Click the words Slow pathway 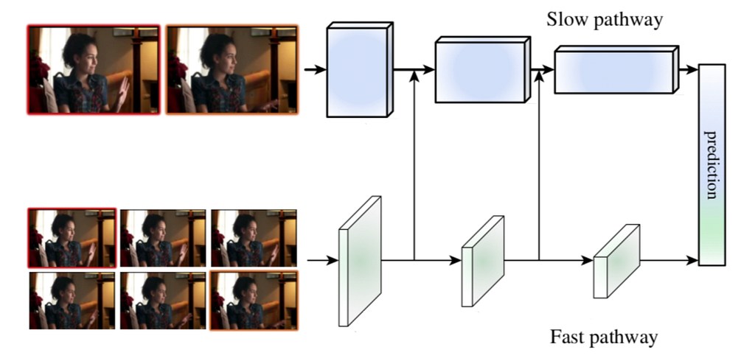[605, 20]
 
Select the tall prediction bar [711, 164]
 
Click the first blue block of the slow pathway [360, 70]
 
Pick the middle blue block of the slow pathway [482, 70]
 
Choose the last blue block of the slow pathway [616, 70]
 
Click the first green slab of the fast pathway [360, 261]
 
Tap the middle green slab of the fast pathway [482, 261]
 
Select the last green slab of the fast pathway [616, 261]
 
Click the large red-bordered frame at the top [94, 70]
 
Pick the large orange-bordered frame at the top [232, 70]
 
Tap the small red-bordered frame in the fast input [72, 238]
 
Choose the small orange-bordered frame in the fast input [254, 300]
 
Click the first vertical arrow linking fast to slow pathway [414, 165]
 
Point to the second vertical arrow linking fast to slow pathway [539, 165]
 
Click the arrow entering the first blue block [316, 70]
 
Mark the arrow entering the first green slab [323, 261]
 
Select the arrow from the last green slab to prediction [669, 261]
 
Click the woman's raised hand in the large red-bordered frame [122, 92]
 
